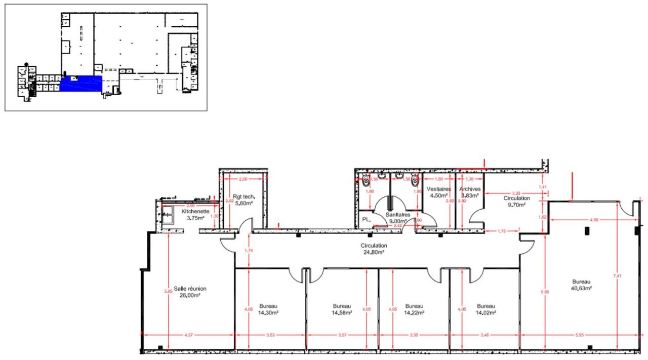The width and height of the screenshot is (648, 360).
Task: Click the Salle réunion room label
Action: coord(190,289)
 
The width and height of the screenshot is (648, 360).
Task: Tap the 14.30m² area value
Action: coord(268,313)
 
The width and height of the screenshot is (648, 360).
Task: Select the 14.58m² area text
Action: coord(342,313)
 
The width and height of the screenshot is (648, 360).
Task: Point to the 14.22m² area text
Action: coord(414,313)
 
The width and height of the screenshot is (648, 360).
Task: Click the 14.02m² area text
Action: coord(485,313)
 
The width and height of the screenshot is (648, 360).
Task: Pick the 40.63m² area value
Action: coord(582,288)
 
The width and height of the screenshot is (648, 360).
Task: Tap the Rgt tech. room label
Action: coord(244,196)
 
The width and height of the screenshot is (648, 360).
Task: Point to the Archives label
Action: coord(470,188)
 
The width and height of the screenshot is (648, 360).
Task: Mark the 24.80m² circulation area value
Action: coord(373,252)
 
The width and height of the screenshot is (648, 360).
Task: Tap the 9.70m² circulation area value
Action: coord(516,205)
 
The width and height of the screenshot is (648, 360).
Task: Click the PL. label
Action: coord(366,220)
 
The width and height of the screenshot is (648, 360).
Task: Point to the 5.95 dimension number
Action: coord(579,335)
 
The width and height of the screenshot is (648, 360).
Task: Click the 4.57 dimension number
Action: coord(188,335)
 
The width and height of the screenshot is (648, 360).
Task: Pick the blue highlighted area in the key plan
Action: coord(81,83)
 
